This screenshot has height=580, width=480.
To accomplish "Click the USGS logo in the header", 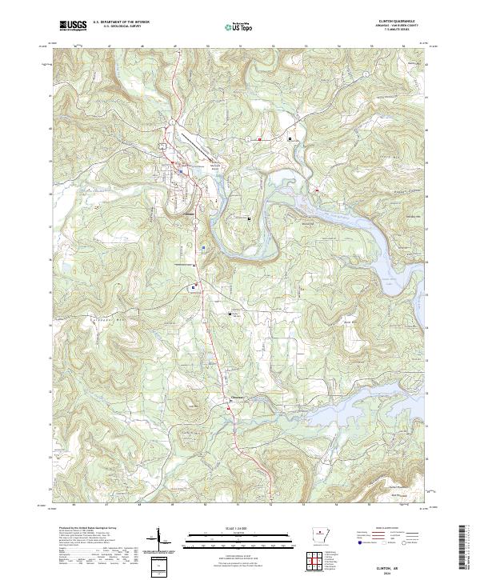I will pos(73,26).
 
